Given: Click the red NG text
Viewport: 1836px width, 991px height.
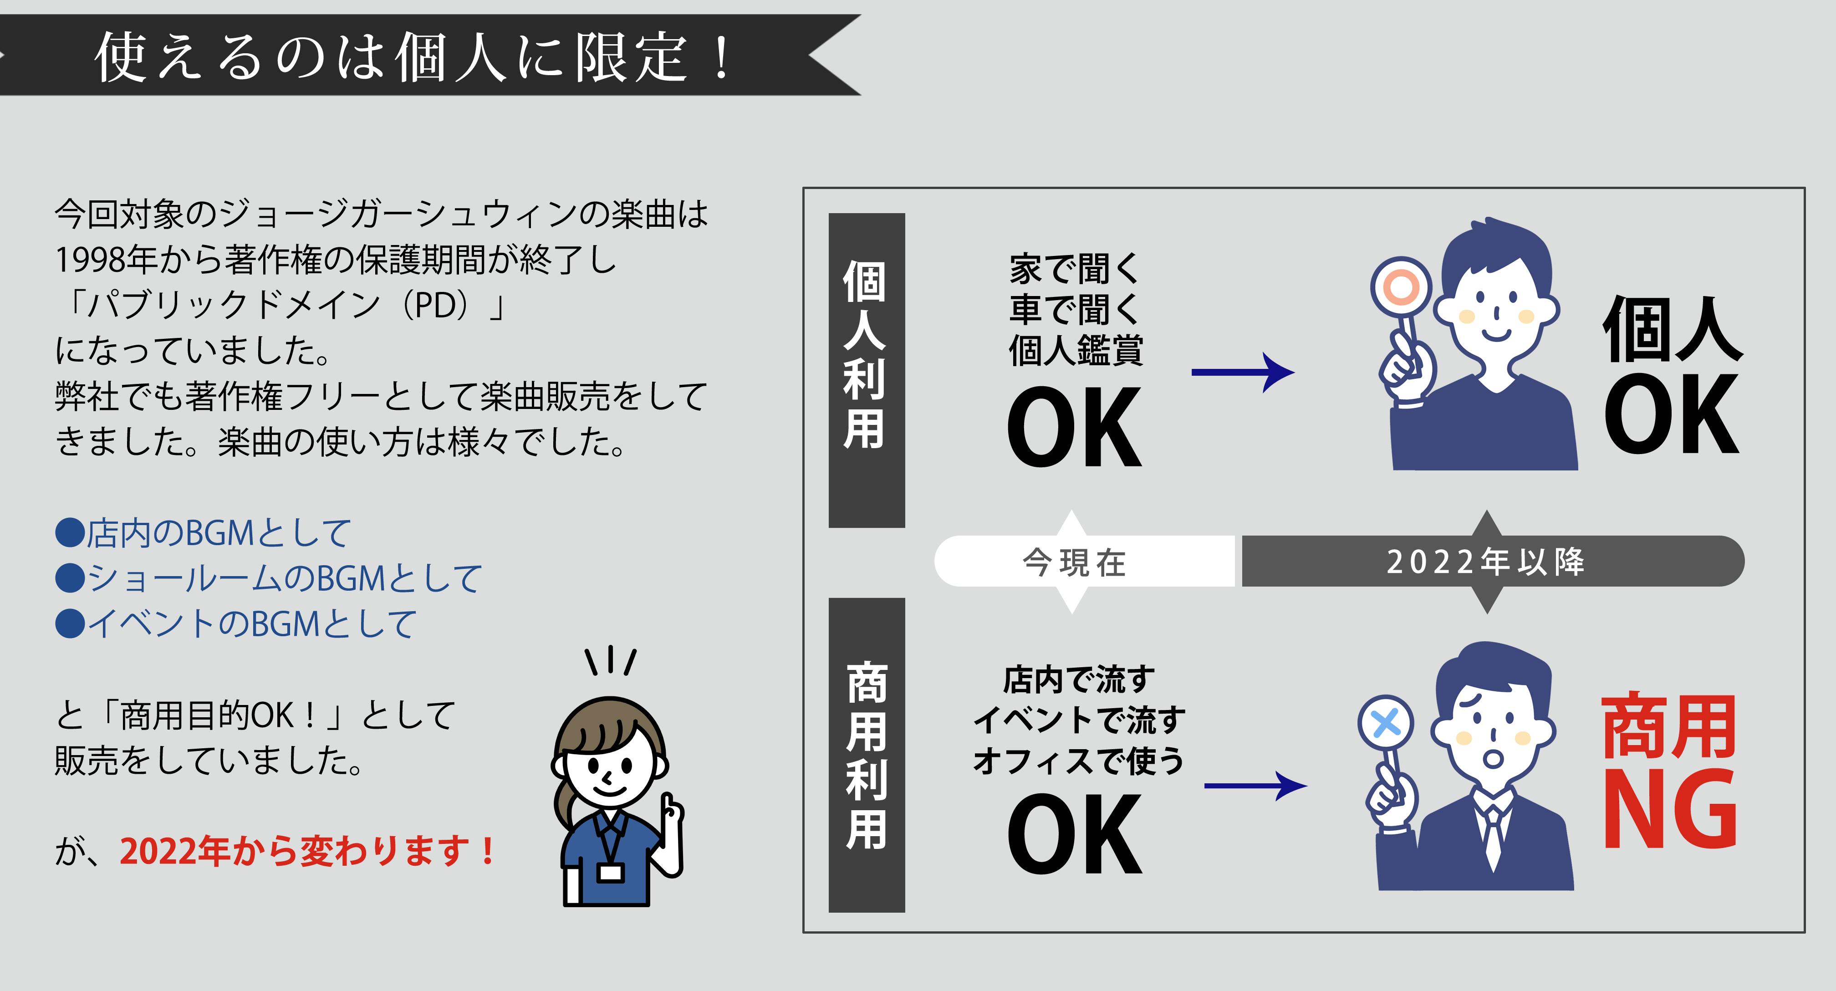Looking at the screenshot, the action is (x=1670, y=810).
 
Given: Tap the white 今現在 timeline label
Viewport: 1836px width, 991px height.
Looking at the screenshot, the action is (x=1074, y=562).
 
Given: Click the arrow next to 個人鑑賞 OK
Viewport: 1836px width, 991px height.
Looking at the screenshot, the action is (x=1243, y=372).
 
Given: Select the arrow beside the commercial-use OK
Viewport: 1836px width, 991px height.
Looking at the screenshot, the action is (x=1256, y=786).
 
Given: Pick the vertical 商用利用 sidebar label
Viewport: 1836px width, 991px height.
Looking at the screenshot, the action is (x=866, y=755).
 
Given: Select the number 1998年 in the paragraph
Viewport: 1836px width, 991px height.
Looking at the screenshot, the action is (x=106, y=260).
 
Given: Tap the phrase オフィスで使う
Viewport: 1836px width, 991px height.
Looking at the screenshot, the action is (x=1078, y=761).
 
